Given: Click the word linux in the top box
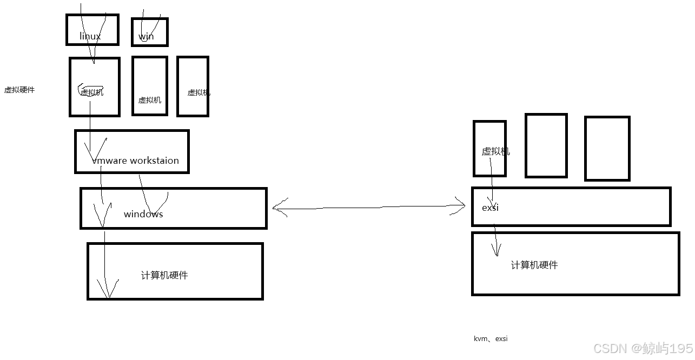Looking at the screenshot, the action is click(x=90, y=36).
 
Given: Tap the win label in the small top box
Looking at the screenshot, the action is click(x=146, y=36).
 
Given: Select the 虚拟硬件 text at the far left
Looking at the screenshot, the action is click(x=19, y=90).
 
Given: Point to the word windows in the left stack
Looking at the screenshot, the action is click(x=143, y=214).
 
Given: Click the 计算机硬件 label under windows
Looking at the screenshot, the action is click(x=164, y=275).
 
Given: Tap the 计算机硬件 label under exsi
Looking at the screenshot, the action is click(x=534, y=265).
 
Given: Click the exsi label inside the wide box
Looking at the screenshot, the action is click(x=490, y=208).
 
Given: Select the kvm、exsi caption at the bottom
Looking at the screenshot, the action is click(x=491, y=339).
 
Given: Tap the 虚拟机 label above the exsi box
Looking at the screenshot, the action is click(x=495, y=151).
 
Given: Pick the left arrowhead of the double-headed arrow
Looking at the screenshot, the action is click(x=276, y=207).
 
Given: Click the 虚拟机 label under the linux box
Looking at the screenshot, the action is click(x=92, y=92).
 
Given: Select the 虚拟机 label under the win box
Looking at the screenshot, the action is click(x=150, y=100).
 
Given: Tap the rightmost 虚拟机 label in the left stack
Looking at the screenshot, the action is click(x=198, y=92).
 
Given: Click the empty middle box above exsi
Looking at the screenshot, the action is click(x=546, y=145).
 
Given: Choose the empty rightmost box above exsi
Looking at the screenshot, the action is click(x=607, y=148).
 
